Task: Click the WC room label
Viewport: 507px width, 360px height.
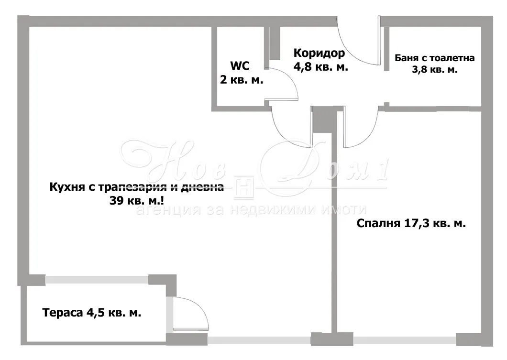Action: pyautogui.click(x=240, y=65)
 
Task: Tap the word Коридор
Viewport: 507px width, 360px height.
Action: pyautogui.click(x=319, y=53)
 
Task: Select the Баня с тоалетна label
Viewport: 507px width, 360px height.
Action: pyautogui.click(x=435, y=58)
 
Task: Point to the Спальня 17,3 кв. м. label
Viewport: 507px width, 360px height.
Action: pyautogui.click(x=411, y=223)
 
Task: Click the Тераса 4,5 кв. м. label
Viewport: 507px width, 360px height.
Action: pyautogui.click(x=91, y=313)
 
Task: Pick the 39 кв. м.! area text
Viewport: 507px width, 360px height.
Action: pyautogui.click(x=136, y=201)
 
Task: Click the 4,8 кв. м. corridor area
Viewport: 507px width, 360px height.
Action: pyautogui.click(x=321, y=67)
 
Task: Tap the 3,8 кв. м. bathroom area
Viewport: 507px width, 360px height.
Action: pyautogui.click(x=435, y=69)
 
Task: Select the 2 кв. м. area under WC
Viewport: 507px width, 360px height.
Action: pyautogui.click(x=242, y=79)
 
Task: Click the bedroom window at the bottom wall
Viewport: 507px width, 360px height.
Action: pyautogui.click(x=405, y=340)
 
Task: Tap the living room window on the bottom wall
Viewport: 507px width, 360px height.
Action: pyautogui.click(x=259, y=340)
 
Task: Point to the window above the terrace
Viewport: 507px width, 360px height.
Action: pyautogui.click(x=97, y=280)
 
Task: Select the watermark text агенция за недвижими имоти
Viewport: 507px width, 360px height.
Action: pyautogui.click(x=251, y=210)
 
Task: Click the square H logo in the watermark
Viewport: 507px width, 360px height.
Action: pyautogui.click(x=244, y=187)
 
